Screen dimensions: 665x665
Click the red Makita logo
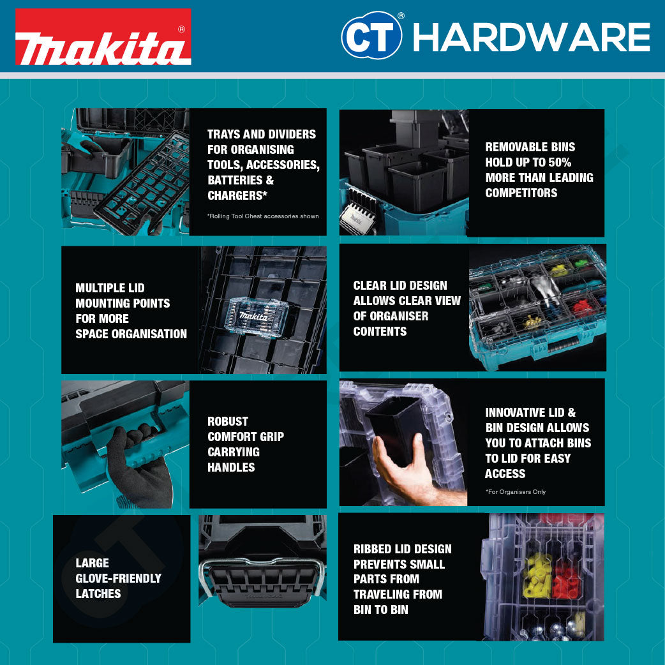pos(103,37)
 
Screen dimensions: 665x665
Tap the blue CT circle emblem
pos(371,36)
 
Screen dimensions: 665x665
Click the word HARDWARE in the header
pos(531,37)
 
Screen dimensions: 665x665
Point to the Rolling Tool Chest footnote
pos(263,216)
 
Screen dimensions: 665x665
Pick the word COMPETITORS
pos(521,193)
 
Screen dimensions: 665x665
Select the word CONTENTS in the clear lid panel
pos(380,331)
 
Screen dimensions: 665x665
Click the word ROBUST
pos(228,421)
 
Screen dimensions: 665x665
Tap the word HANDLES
pos(231,467)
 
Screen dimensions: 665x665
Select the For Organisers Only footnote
pos(516,492)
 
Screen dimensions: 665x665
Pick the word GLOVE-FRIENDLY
pos(118,578)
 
